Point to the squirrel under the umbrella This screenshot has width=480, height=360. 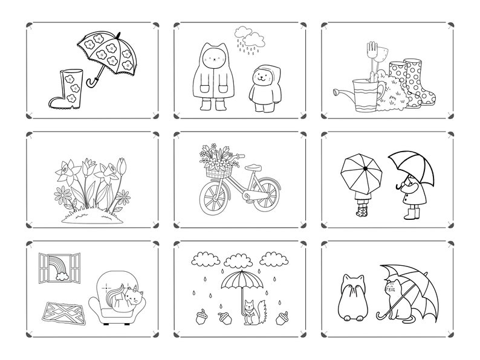[x=252, y=312]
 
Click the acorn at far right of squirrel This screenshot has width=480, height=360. [x=281, y=318]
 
